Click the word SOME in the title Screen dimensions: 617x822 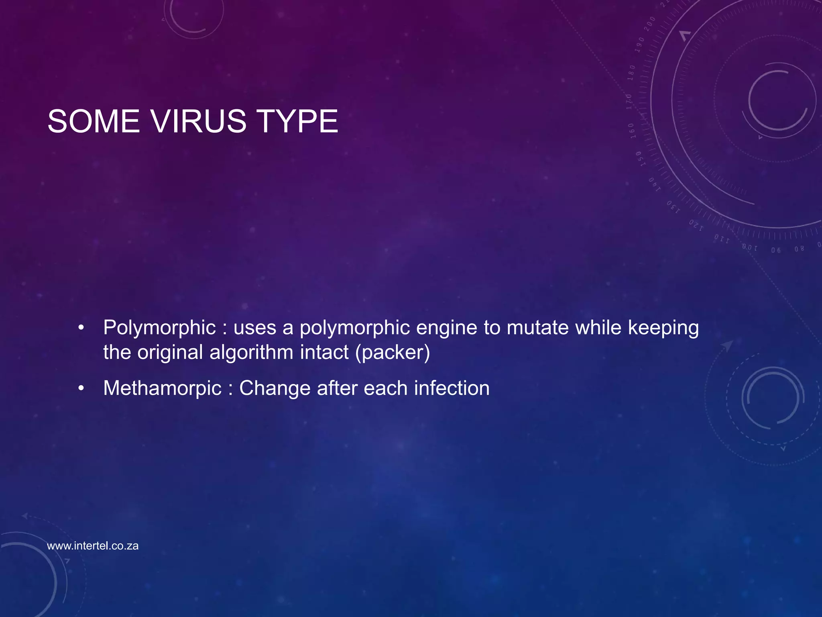tap(94, 121)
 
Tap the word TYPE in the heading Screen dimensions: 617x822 tap(297, 121)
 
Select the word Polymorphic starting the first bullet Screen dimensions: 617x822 tap(159, 328)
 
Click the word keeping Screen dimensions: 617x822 tap(663, 328)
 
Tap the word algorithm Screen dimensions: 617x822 tap(251, 353)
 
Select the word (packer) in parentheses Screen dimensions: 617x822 tap(392, 353)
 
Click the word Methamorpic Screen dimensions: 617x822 tap(162, 388)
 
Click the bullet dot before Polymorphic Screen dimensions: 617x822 tap(81, 328)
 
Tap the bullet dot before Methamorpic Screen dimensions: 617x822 tap(81, 388)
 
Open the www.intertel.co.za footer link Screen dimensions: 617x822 tap(93, 546)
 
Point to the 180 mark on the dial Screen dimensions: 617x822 tap(631, 73)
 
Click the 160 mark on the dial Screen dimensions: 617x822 tap(631, 131)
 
